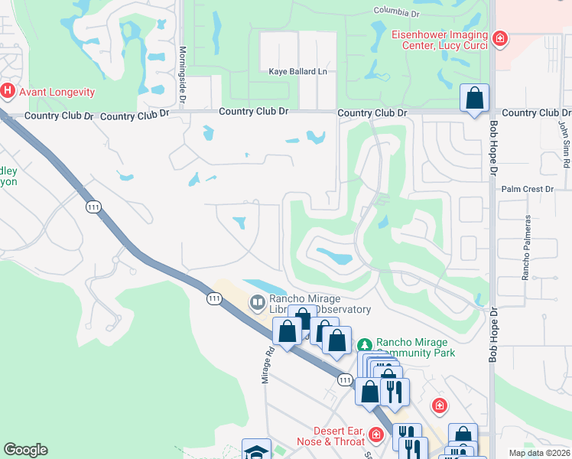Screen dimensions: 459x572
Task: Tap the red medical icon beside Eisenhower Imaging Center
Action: (499, 37)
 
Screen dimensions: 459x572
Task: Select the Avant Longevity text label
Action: (57, 93)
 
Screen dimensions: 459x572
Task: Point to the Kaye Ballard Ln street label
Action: (297, 72)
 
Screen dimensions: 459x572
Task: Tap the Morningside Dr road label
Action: (183, 73)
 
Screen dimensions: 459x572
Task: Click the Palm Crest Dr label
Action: (527, 188)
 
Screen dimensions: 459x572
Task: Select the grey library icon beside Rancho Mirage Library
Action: (256, 304)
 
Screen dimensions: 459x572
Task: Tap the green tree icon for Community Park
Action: (366, 345)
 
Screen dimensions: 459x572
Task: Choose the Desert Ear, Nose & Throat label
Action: (331, 435)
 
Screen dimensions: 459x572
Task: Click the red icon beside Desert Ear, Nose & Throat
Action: (375, 435)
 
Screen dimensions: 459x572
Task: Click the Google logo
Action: (25, 450)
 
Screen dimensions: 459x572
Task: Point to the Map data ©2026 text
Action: (539, 453)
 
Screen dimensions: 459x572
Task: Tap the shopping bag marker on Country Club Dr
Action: (475, 99)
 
